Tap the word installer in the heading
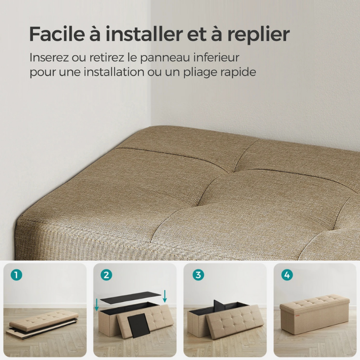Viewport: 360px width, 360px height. coord(131,34)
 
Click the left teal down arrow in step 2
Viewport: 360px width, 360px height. coord(97,304)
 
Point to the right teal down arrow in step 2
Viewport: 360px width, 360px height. coord(165,296)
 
